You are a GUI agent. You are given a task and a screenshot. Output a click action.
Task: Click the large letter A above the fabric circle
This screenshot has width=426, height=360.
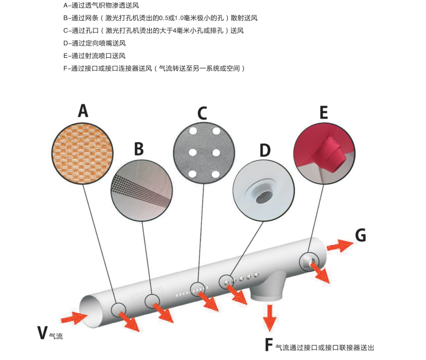coord(82,110)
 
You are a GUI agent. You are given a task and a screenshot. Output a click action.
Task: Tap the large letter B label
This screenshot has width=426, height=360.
coord(139,149)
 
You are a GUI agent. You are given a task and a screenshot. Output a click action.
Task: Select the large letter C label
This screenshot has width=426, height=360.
coord(202,113)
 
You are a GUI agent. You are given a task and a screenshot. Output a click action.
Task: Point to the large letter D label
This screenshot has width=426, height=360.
coord(265,150)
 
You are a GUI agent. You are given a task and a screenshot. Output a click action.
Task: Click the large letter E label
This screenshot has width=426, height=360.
coord(323,113)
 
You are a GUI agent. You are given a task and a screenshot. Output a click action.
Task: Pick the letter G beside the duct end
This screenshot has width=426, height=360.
coord(361,235)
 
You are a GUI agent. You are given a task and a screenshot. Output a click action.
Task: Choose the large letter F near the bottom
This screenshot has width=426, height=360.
coord(269,345)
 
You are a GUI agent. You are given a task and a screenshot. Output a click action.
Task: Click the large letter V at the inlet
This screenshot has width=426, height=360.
coord(42,332)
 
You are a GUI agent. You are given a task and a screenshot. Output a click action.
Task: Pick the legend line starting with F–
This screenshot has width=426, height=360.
coord(155,68)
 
